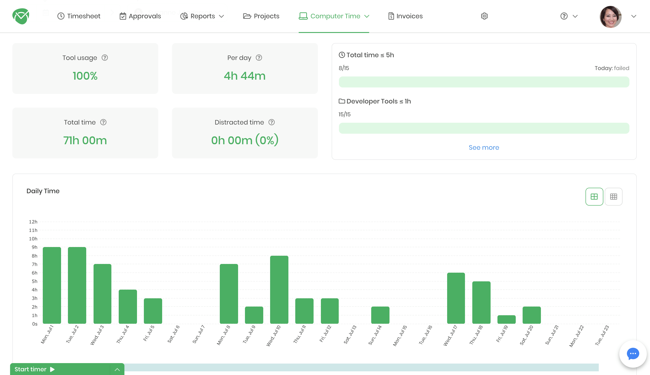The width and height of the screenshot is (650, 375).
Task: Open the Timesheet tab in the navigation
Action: (79, 16)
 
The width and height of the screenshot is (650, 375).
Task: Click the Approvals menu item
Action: (140, 16)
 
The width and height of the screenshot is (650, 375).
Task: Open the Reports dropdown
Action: (202, 16)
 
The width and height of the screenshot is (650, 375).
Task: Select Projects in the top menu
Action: (261, 16)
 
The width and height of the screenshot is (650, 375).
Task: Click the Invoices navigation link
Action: (405, 16)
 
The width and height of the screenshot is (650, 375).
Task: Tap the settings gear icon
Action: (484, 16)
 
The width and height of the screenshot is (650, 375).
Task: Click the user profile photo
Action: (610, 17)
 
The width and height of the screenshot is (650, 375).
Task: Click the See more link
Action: (483, 148)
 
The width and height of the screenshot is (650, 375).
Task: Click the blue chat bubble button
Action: (633, 354)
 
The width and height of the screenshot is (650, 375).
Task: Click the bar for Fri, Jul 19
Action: (506, 319)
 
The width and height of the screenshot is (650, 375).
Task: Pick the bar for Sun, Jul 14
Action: (380, 315)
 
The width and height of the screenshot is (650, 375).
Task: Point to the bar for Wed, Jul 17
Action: (456, 298)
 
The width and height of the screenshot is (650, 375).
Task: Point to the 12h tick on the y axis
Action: (33, 222)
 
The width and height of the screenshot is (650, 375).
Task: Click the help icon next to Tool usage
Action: (105, 58)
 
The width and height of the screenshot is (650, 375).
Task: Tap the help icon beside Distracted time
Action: (271, 122)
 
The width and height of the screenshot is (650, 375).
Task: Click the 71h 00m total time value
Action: (85, 140)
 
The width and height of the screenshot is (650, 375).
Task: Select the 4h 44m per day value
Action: (244, 76)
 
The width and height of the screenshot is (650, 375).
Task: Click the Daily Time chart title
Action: (43, 191)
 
